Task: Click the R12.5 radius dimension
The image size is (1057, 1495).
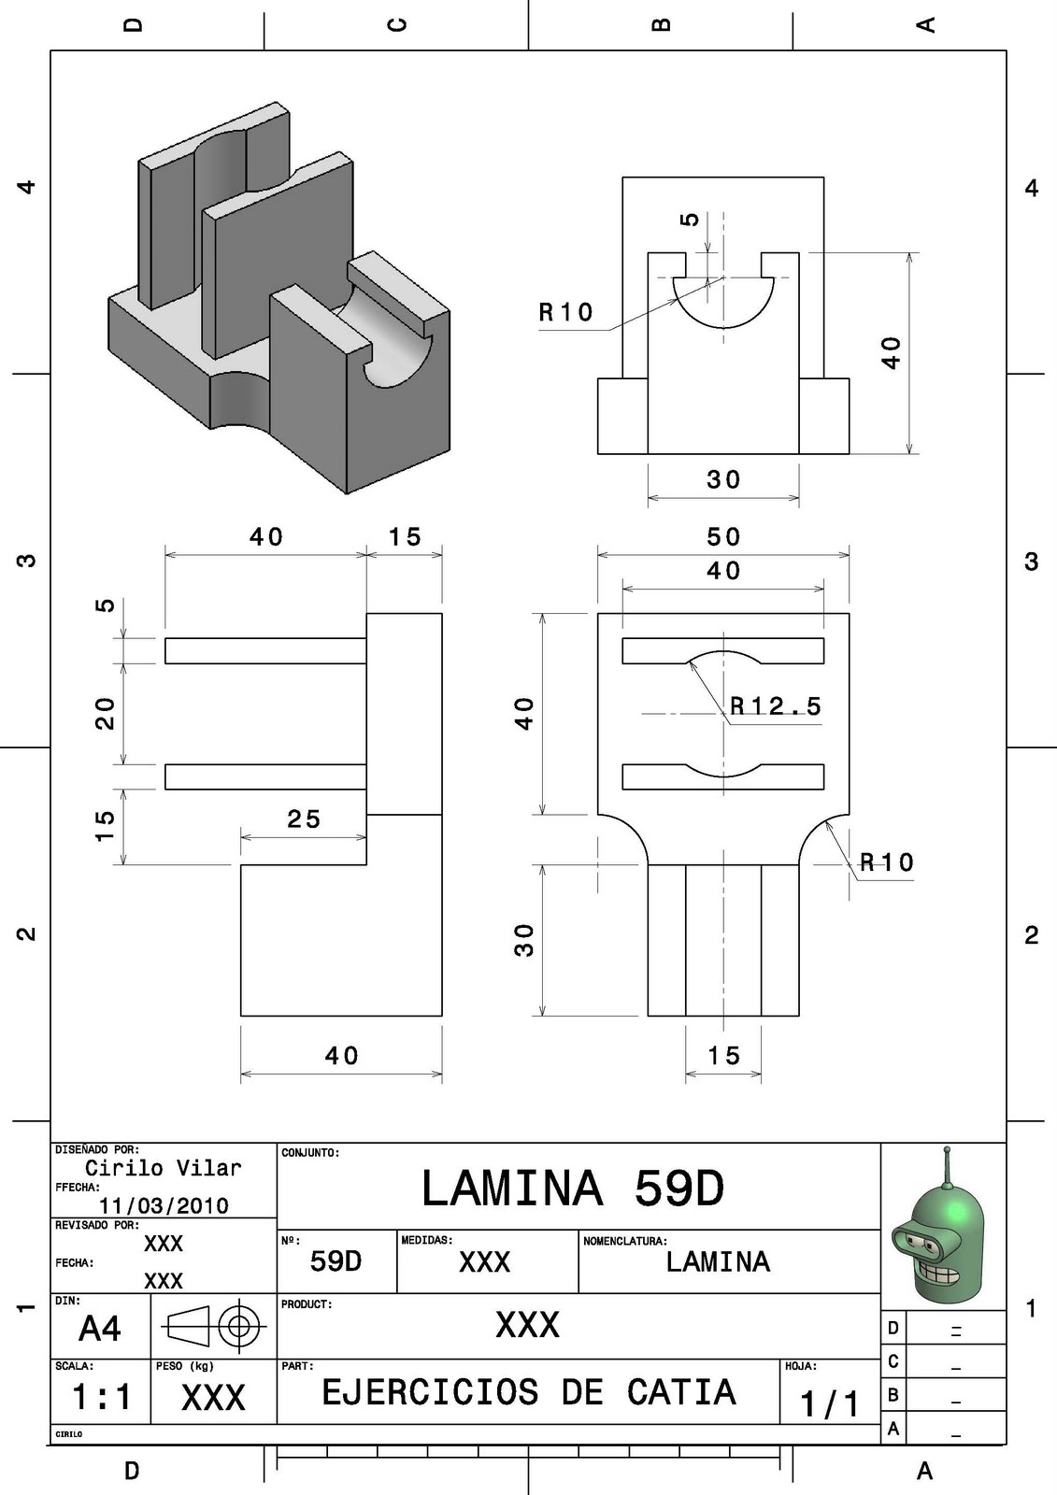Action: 775,706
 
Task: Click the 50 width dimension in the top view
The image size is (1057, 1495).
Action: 723,537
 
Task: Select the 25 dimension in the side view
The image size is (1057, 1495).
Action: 304,819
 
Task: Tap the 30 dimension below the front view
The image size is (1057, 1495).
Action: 723,480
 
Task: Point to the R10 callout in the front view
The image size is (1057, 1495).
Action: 566,312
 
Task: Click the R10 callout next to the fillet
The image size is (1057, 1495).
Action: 886,861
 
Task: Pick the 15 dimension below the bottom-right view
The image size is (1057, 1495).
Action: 723,1056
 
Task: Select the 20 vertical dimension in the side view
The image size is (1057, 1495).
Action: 106,713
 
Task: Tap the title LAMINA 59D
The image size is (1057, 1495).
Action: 573,1189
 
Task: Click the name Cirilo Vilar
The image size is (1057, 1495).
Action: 164,1168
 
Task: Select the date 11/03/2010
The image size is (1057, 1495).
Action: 164,1205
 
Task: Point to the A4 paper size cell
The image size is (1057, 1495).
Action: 99,1329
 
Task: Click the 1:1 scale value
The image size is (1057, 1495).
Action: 101,1398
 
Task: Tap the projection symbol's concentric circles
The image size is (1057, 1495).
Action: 240,1325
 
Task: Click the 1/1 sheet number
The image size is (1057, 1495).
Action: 829,1403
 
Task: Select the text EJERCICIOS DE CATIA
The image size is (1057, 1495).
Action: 529,1392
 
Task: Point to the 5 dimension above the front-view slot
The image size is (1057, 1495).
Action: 690,220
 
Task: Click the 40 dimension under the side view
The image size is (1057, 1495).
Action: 342,1056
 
